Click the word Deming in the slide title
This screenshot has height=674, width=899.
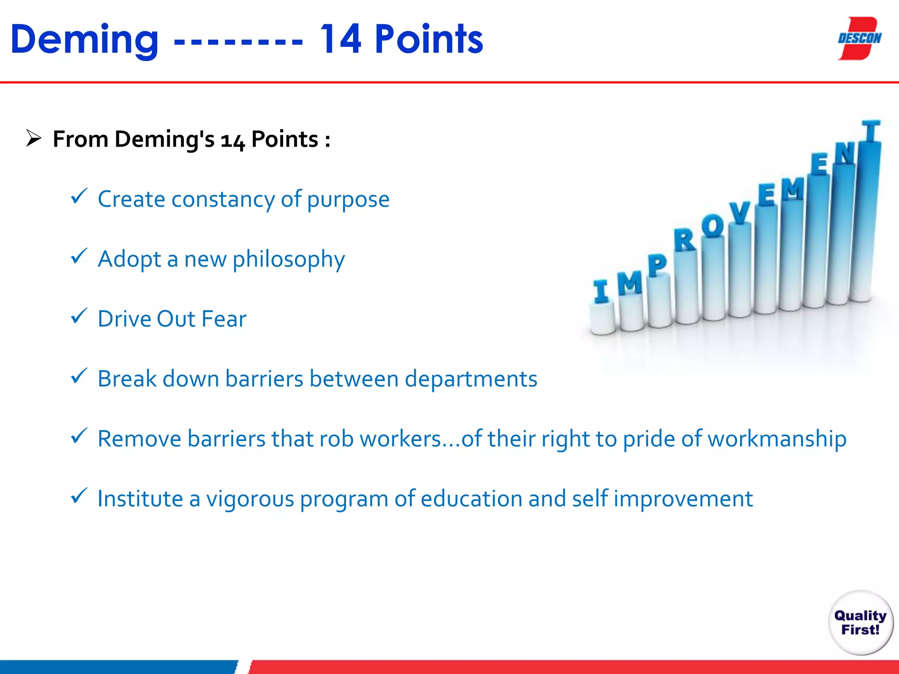(x=84, y=40)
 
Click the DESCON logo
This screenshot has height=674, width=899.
(x=859, y=39)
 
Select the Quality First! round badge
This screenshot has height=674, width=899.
(x=860, y=623)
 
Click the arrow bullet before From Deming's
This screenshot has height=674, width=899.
(x=33, y=139)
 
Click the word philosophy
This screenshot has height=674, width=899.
(x=288, y=259)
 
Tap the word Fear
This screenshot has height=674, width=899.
(x=223, y=319)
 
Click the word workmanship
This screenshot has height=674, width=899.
(x=777, y=439)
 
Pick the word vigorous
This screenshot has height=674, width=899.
(x=250, y=499)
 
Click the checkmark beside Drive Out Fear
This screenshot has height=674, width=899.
(x=79, y=316)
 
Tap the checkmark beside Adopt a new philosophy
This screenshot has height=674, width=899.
(x=79, y=256)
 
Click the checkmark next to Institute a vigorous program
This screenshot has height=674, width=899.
(x=79, y=496)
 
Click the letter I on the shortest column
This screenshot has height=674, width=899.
(x=601, y=291)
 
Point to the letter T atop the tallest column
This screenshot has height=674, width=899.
(x=871, y=132)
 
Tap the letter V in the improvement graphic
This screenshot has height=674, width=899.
(x=740, y=213)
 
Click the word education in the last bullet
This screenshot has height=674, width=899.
(x=471, y=499)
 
